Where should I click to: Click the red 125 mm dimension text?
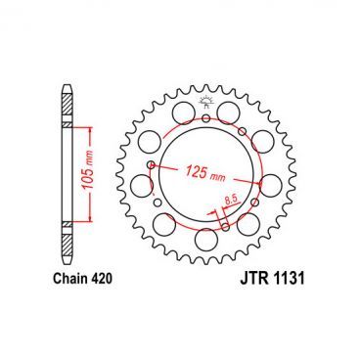[x=192, y=174]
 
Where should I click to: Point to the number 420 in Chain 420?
[x=104, y=279]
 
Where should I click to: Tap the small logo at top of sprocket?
[x=205, y=105]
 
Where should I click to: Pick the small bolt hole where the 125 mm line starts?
[x=150, y=166]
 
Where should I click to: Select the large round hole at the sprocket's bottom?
[x=207, y=240]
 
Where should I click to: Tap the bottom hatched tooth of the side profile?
[x=67, y=242]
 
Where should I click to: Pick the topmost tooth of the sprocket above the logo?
[x=206, y=85]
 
